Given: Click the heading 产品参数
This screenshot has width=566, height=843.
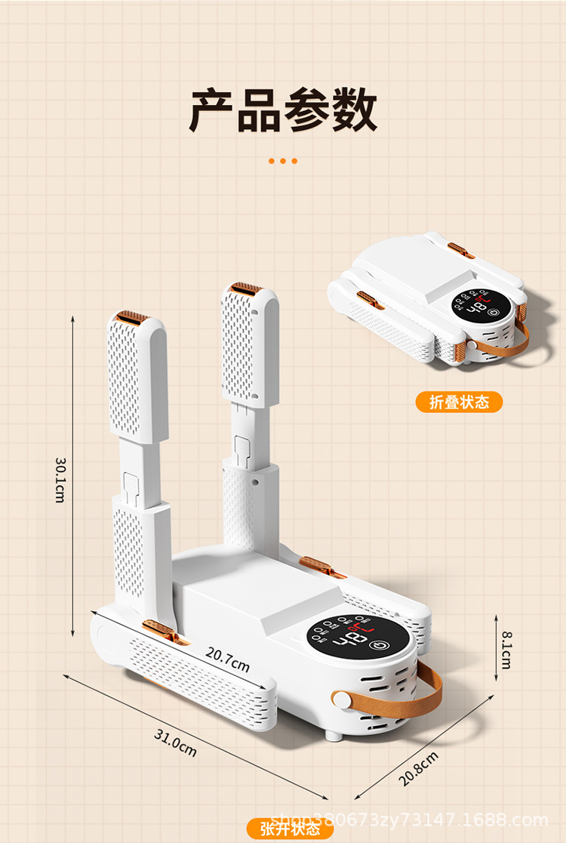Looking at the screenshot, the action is (283, 110).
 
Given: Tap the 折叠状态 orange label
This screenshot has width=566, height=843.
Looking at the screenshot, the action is (458, 402).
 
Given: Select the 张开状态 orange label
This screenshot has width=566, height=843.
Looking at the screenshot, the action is (290, 829).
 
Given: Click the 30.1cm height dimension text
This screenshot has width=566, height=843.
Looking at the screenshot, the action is (60, 479).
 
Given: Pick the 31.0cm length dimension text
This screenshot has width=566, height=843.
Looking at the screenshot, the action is (175, 743).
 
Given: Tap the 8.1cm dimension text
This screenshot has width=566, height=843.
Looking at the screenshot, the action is (505, 650).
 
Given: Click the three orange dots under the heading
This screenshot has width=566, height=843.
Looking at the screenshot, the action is (283, 161).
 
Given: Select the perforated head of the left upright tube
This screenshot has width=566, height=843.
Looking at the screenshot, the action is (137, 378).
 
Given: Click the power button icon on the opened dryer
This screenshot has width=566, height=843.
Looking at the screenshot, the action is (380, 647).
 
